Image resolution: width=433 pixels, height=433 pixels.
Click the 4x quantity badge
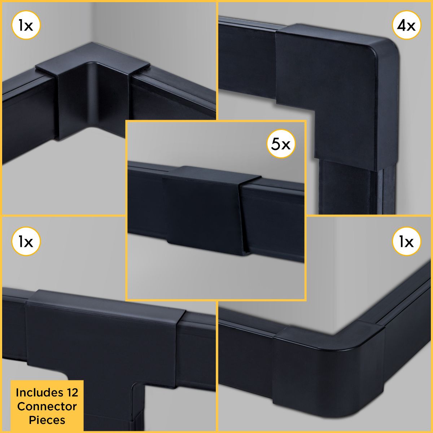pos(406,25)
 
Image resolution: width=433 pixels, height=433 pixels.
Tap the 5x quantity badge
pos(281,144)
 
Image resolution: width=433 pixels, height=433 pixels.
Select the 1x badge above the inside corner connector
pos(26,25)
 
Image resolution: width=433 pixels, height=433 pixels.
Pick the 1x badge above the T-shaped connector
pos(26,241)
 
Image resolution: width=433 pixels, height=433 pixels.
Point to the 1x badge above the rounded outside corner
pos(406,241)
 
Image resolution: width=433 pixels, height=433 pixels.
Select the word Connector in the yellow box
pos(47,406)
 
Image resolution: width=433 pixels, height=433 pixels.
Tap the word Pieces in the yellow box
pos(47,420)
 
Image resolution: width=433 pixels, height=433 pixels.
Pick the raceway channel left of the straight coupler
pos(146,200)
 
